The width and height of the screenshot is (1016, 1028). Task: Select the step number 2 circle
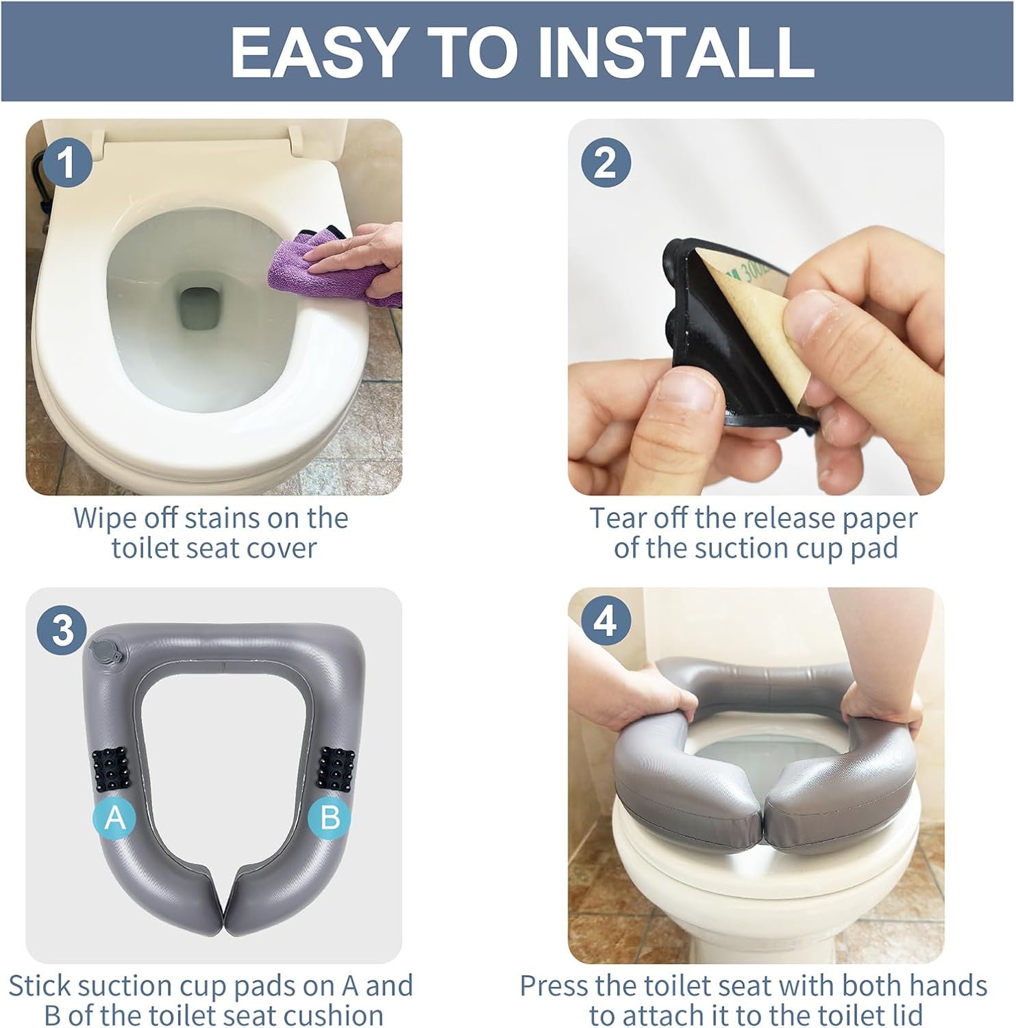(606, 163)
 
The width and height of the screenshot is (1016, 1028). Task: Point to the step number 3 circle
(62, 629)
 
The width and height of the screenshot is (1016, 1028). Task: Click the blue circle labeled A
(115, 817)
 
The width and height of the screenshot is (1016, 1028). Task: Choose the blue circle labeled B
(330, 817)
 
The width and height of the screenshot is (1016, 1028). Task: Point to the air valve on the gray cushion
(104, 650)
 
